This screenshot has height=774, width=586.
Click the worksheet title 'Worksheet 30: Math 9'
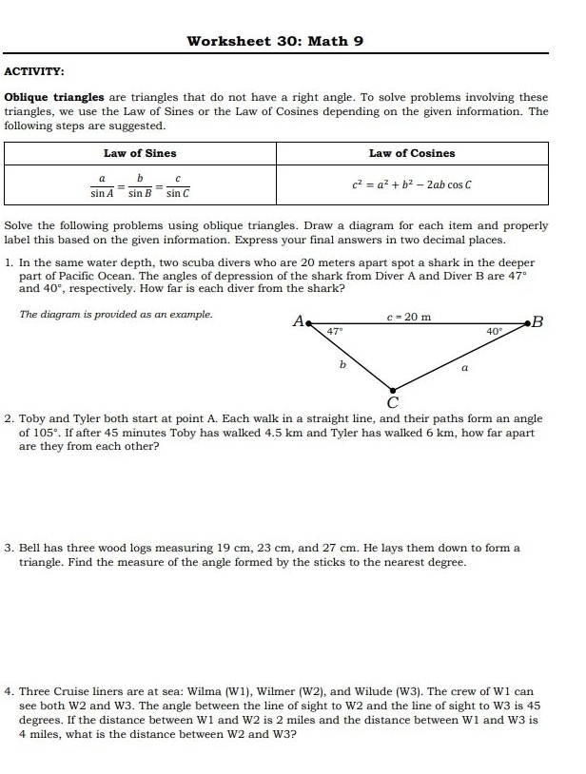pos(276,41)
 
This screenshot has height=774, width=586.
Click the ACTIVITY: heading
pos(35,72)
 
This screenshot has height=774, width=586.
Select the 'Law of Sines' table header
pos(140,153)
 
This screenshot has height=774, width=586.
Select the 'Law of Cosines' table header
pos(412,153)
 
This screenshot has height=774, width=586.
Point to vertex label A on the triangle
pos(298,321)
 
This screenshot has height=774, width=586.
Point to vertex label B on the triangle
pos(538,321)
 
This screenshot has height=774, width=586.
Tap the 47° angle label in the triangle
pos(335,332)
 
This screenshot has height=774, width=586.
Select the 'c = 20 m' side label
pos(410,317)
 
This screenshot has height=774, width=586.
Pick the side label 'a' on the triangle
pos(463,364)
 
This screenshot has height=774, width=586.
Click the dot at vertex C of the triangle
pos(392,387)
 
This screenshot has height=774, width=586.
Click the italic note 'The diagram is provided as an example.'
pos(116,314)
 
